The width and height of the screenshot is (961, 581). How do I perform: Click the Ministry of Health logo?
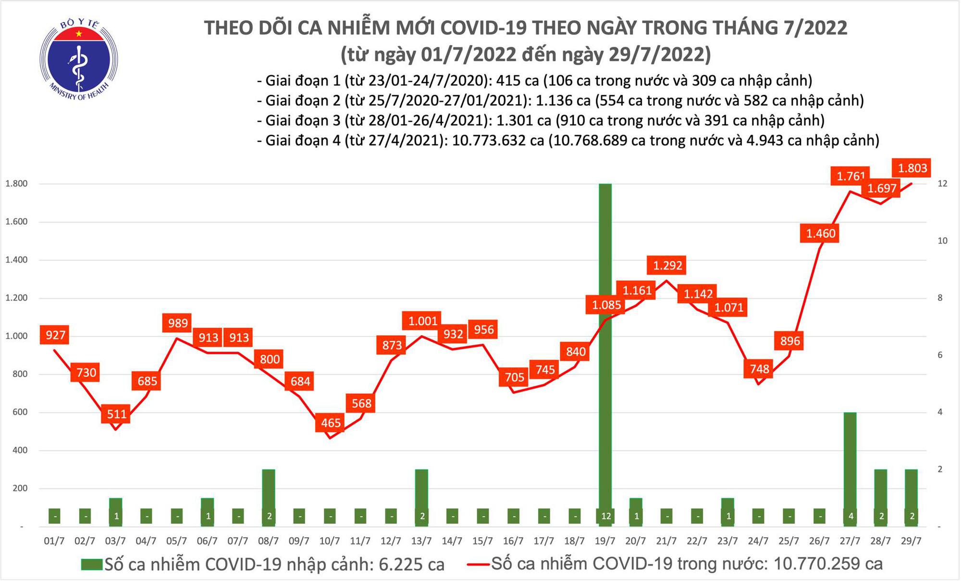tap(78, 59)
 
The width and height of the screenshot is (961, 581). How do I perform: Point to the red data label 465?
tap(331, 423)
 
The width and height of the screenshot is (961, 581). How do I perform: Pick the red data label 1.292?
tap(667, 265)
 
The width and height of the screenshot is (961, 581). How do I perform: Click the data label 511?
tap(117, 414)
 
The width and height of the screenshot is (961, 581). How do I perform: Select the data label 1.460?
tap(821, 234)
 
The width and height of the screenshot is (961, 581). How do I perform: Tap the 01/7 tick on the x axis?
tap(54, 541)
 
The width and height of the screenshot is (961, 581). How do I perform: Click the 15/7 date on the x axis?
tap(482, 541)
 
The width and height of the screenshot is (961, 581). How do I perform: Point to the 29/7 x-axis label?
tap(911, 541)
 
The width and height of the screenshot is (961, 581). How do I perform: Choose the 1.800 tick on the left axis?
tap(16, 184)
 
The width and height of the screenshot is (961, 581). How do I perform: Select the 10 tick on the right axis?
tap(942, 241)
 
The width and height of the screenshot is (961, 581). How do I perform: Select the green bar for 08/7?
tap(269, 498)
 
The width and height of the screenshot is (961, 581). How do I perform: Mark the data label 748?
tap(759, 369)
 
